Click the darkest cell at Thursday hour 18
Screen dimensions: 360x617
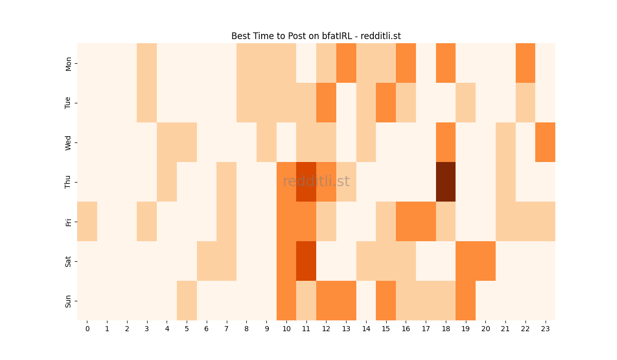(446, 182)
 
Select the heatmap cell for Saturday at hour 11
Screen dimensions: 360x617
(306, 261)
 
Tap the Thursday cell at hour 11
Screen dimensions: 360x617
(306, 182)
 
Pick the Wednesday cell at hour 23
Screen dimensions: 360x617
(546, 142)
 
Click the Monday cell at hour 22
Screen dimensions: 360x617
(525, 63)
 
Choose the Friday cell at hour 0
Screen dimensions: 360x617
(87, 221)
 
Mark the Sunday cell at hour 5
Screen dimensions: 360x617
(187, 300)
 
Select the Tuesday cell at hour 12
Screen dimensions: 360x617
(326, 102)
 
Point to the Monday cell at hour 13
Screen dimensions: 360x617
(346, 63)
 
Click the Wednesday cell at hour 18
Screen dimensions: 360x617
(446, 142)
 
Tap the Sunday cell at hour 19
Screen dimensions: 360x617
(466, 300)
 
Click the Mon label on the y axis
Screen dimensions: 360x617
(68, 63)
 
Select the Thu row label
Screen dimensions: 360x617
(68, 182)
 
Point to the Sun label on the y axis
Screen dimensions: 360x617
(68, 301)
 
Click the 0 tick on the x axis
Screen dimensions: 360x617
(87, 328)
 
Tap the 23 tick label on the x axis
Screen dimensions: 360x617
(546, 328)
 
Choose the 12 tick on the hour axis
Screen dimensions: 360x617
(326, 328)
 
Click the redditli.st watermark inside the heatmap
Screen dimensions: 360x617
(316, 182)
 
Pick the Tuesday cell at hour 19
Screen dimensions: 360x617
(466, 102)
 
